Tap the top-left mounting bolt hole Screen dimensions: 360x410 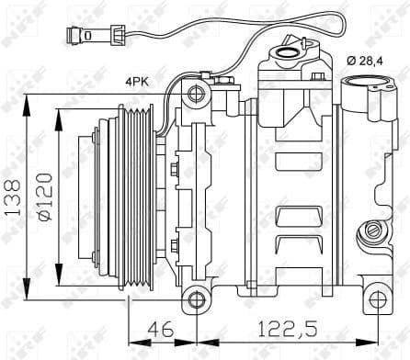[x=193, y=95]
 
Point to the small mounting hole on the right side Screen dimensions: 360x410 [x=374, y=230]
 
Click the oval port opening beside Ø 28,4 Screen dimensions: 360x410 [x=366, y=93]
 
